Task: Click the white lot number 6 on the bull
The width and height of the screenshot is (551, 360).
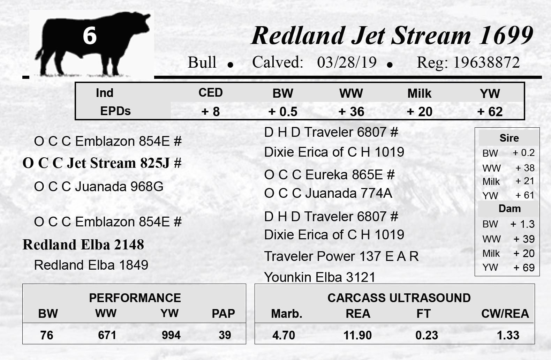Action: pyautogui.click(x=90, y=36)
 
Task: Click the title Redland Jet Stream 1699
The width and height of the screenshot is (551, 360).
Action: pyautogui.click(x=392, y=36)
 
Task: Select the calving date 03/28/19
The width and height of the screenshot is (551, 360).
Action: pyautogui.click(x=347, y=62)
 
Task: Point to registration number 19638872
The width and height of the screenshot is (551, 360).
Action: pyautogui.click(x=486, y=62)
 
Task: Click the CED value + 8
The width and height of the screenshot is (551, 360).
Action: pyautogui.click(x=211, y=112)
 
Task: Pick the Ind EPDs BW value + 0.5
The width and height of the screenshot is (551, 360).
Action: pyautogui.click(x=283, y=112)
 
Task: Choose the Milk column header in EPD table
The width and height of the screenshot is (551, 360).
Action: pyautogui.click(x=420, y=93)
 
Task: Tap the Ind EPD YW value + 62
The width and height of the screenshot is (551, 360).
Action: pyautogui.click(x=490, y=112)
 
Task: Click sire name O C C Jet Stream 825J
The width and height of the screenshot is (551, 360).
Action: pyautogui.click(x=102, y=163)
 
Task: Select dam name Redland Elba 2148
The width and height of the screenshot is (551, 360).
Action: pyautogui.click(x=83, y=245)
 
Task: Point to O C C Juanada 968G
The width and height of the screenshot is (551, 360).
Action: pyautogui.click(x=99, y=187)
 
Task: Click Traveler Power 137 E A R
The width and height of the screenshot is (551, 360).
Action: pyautogui.click(x=341, y=256)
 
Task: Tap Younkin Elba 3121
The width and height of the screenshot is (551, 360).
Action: pyautogui.click(x=320, y=277)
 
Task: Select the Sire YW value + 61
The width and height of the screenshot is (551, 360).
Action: pyautogui.click(x=525, y=195)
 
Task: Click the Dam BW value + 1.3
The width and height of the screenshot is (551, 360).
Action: pyautogui.click(x=522, y=224)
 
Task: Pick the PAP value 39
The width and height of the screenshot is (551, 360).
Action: pyautogui.click(x=225, y=335)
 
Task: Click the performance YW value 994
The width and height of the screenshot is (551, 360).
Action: pyautogui.click(x=171, y=335)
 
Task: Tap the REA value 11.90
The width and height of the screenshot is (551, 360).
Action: pyautogui.click(x=357, y=335)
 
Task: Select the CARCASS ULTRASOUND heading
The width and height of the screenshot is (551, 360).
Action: pyautogui.click(x=399, y=298)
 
